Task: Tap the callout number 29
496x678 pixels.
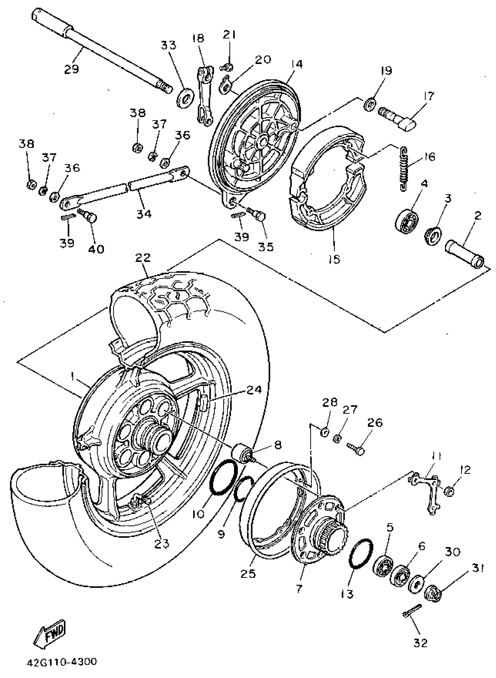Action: pos(71,69)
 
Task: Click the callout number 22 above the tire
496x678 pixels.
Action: pos(143,258)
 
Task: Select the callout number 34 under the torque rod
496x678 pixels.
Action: pos(144,214)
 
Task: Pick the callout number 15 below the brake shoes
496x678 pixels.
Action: pos(334,259)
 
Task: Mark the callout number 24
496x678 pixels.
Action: pos(254,390)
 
